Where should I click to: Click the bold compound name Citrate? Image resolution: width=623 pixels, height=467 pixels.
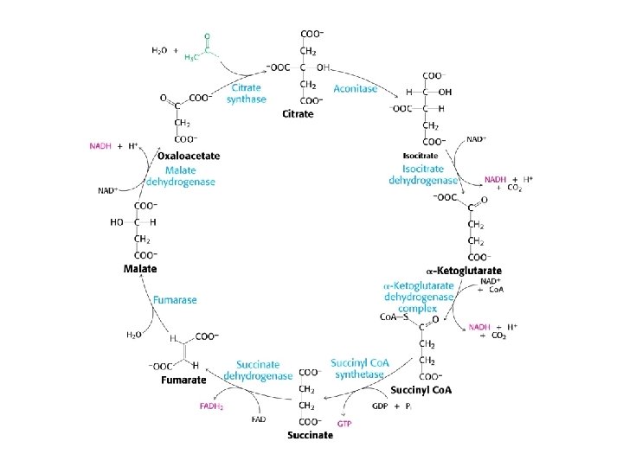(298, 114)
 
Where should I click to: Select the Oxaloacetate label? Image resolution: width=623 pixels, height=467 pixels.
(189, 156)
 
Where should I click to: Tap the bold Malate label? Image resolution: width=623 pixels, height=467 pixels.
(139, 269)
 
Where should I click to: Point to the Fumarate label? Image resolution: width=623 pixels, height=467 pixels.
(182, 379)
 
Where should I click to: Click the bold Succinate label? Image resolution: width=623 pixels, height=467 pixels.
(310, 435)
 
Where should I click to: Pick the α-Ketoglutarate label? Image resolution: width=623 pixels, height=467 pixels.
(464, 271)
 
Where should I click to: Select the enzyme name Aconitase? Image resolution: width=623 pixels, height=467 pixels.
(355, 89)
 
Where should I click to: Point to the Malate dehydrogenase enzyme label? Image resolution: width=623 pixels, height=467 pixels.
(180, 176)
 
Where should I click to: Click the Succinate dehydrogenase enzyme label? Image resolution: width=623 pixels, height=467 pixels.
(258, 371)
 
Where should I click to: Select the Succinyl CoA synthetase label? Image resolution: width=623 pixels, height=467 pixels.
(359, 368)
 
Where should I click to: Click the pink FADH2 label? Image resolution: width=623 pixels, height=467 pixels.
(211, 406)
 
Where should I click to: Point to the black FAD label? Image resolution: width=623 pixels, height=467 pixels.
(259, 419)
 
